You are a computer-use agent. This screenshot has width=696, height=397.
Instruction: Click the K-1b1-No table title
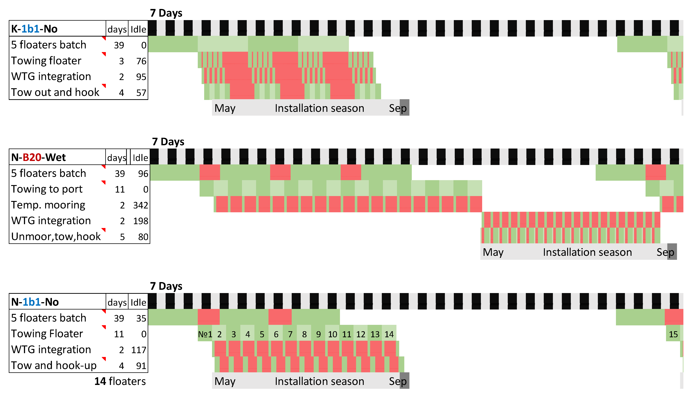point(34,29)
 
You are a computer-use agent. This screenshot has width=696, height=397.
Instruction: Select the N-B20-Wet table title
point(38,157)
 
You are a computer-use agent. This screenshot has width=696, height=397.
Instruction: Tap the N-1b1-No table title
point(35,302)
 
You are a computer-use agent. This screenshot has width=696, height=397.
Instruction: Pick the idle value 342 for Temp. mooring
point(140,205)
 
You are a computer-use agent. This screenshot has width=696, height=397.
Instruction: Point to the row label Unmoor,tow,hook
point(56,236)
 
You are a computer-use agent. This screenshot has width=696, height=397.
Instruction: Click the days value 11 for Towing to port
point(120,189)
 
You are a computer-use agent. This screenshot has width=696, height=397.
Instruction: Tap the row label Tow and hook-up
point(54,365)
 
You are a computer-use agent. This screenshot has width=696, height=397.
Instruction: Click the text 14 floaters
point(120,381)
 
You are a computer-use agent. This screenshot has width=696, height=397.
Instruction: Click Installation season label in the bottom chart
point(319,381)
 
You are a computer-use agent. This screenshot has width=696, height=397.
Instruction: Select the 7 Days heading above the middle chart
point(168,142)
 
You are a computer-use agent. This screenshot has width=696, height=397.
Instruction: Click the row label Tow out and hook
point(55,92)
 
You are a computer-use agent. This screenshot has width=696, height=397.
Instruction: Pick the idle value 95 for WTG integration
point(141,77)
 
